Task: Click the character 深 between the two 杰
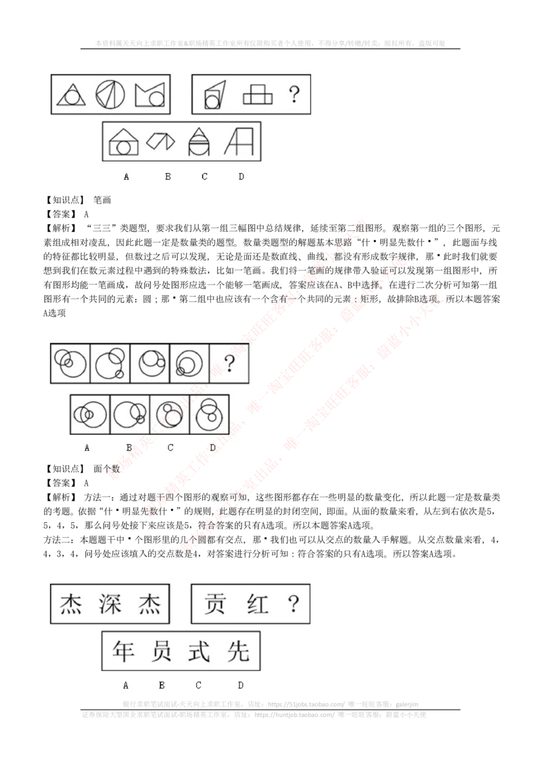[x=110, y=603]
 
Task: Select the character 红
[x=257, y=603]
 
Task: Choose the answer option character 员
[x=162, y=651]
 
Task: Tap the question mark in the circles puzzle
[x=229, y=365]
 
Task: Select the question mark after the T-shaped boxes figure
[x=293, y=95]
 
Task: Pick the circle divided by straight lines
[x=110, y=94]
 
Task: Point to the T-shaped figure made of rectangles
[x=258, y=94]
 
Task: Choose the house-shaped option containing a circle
[x=123, y=142]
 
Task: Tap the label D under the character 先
[x=241, y=685]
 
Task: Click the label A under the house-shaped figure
[x=126, y=177]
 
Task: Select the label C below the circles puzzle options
[x=170, y=447]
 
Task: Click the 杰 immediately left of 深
[x=72, y=603]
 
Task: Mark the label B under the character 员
[x=162, y=685]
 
